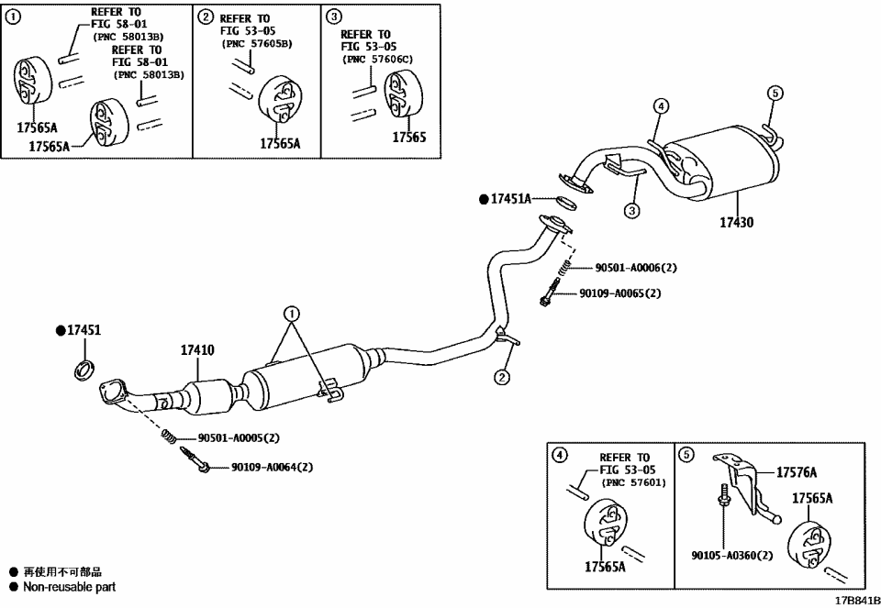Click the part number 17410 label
pos(197,349)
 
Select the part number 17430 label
pos(736,222)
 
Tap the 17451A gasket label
pos(511,198)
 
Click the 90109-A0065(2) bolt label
pos(619,293)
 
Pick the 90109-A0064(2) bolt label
pos(271,467)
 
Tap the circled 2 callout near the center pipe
pos(502,376)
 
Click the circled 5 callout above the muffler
pos(774,93)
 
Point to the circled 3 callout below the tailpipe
pos(632,211)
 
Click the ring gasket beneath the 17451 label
pos(84,370)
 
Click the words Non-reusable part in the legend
pos(69,587)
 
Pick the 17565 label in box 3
pos(409,137)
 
